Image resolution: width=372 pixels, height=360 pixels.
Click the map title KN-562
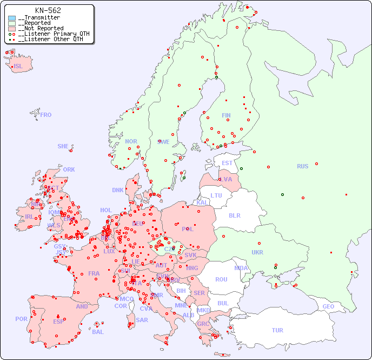coord(48,10)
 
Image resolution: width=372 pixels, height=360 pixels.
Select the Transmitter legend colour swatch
coord(12,18)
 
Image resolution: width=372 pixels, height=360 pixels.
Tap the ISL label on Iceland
coord(18,67)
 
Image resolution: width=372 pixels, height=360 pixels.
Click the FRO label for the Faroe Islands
coord(46,115)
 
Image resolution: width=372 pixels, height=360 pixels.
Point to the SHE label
coord(63,146)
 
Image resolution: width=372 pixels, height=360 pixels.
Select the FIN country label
coord(226,115)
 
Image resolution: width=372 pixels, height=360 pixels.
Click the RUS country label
coord(302,166)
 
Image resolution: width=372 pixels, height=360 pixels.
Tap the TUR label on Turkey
coord(277,330)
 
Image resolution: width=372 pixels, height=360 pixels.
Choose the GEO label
coord(328,306)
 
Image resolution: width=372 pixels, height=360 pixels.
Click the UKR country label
coord(257,252)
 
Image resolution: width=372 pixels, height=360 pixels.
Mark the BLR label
coord(235,215)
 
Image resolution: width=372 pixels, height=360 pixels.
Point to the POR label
coord(21,319)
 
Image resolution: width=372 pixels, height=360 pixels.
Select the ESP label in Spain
coord(58,321)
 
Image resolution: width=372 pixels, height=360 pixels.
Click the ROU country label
coord(221,279)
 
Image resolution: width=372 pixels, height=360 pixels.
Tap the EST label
coord(227,163)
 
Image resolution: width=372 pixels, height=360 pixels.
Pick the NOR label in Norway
coord(131,141)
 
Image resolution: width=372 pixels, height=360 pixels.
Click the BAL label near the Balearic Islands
coord(98,332)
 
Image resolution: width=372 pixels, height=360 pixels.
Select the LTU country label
coord(216,195)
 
